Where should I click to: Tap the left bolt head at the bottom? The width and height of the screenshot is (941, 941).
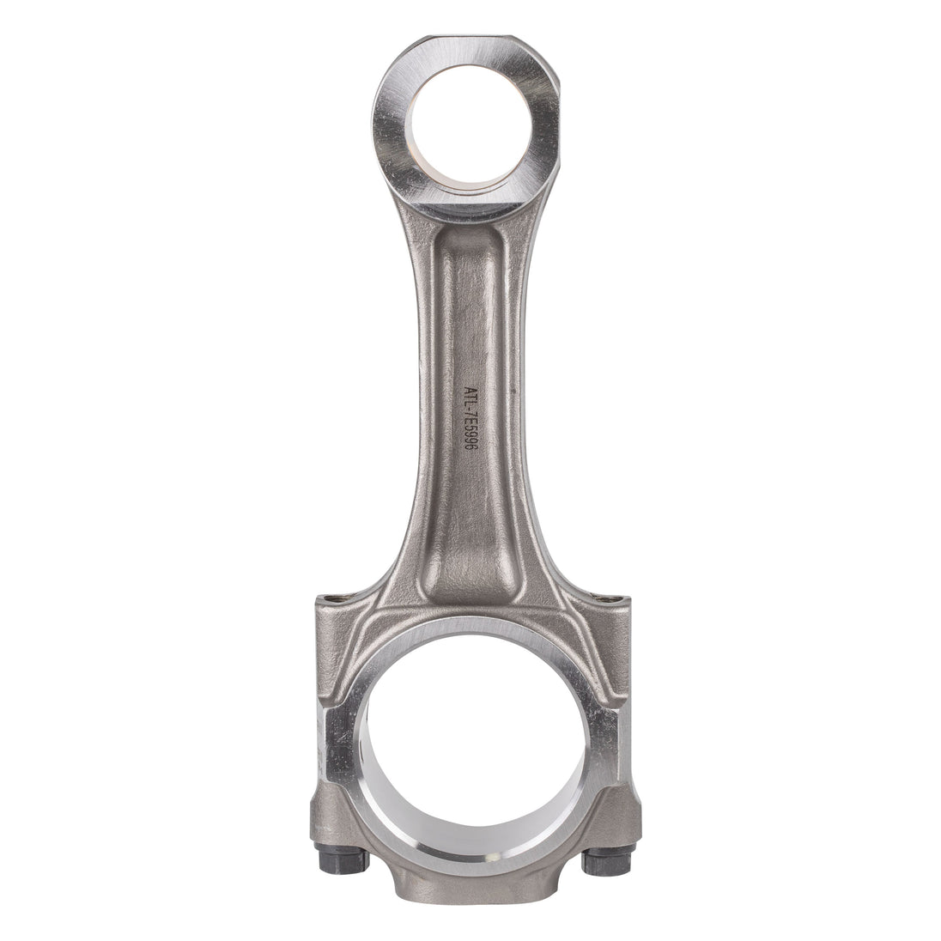[x=340, y=859]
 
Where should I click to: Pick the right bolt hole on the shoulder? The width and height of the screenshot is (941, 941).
[x=608, y=598]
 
